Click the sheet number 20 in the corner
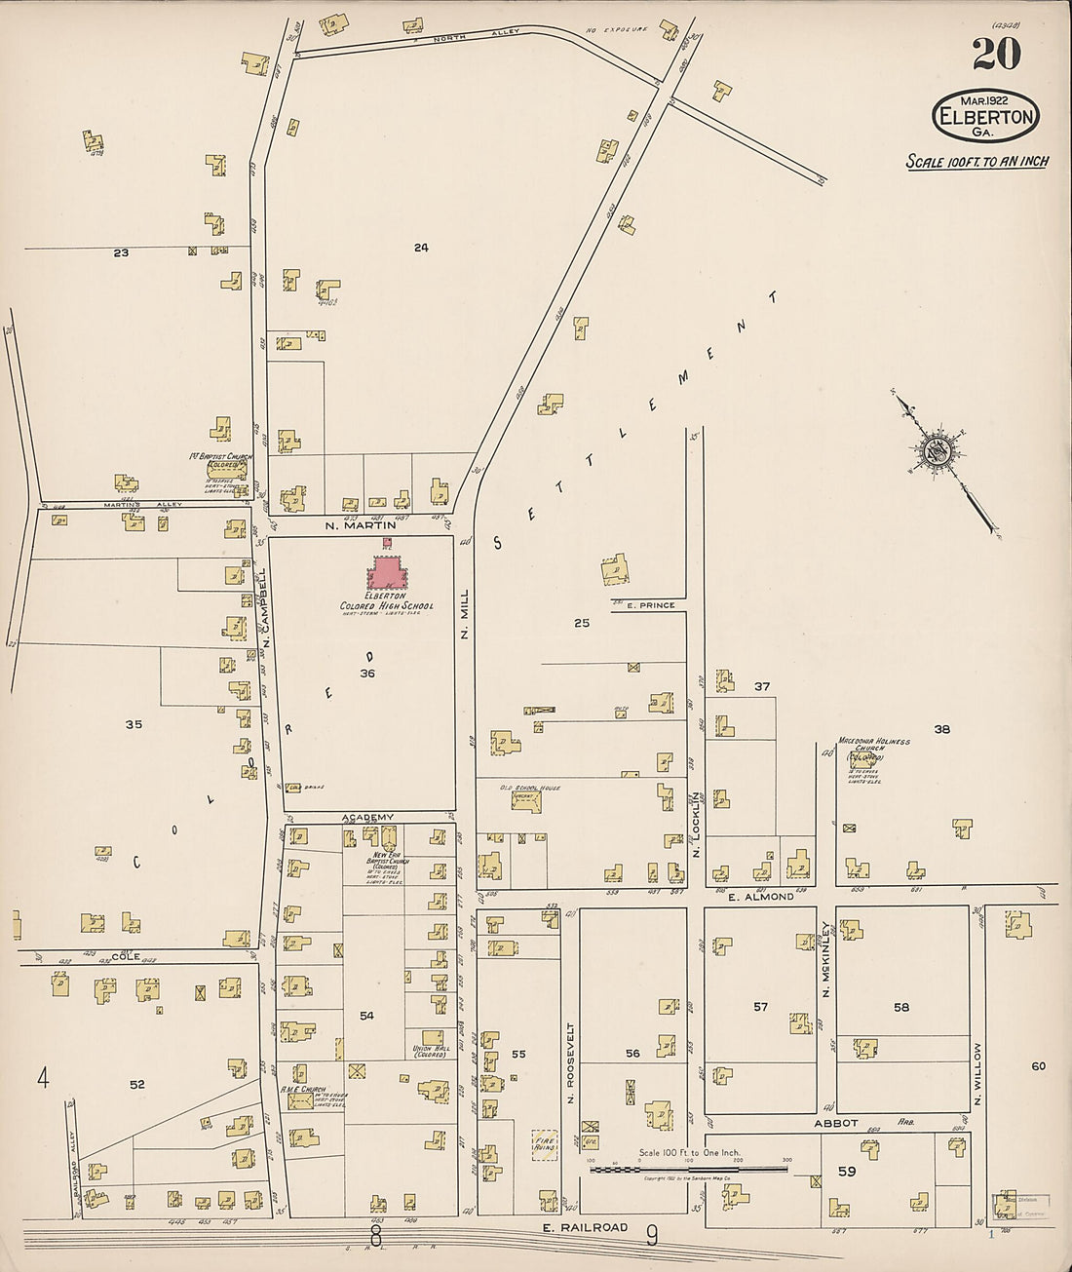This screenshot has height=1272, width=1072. pyautogui.click(x=996, y=54)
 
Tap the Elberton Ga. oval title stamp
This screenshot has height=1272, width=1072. pyautogui.click(x=985, y=115)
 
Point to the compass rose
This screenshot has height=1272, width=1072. pyautogui.click(x=938, y=450)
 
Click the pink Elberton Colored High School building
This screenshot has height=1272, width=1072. pyautogui.click(x=388, y=571)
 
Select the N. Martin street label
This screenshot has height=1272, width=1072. pyautogui.click(x=361, y=525)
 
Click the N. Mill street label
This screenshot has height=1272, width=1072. pyautogui.click(x=465, y=614)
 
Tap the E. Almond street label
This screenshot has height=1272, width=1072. pyautogui.click(x=760, y=896)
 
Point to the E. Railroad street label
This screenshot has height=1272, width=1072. pyautogui.click(x=585, y=1227)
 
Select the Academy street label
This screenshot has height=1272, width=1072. pyautogui.click(x=367, y=817)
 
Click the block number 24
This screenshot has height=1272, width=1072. pyautogui.click(x=421, y=248)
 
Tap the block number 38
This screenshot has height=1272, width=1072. pyautogui.click(x=941, y=729)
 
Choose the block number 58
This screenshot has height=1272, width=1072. pyautogui.click(x=901, y=1007)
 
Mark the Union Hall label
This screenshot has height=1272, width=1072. pyautogui.click(x=430, y=1051)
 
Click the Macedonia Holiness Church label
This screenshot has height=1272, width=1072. pyautogui.click(x=874, y=742)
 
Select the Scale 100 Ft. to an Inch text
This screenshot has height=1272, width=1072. pyautogui.click(x=977, y=162)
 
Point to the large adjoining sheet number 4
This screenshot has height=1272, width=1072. pyautogui.click(x=43, y=1078)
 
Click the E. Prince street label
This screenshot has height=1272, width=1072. pyautogui.click(x=650, y=605)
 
